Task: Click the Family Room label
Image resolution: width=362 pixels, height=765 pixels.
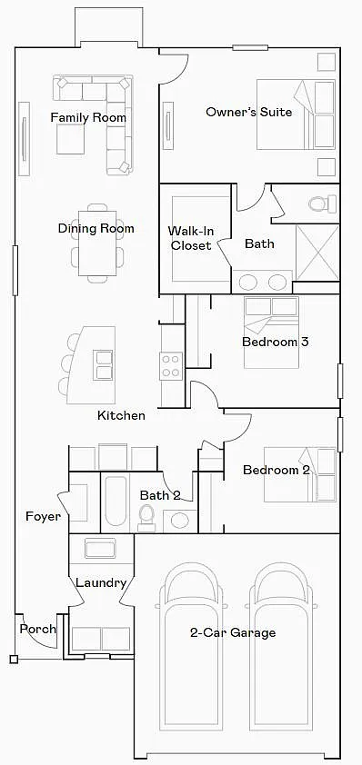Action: click(x=88, y=117)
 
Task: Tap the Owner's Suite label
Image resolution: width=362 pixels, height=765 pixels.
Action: click(x=248, y=112)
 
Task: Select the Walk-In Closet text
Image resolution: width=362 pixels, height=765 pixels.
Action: click(x=191, y=238)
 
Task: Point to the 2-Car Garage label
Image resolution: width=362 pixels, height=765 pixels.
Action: click(x=233, y=632)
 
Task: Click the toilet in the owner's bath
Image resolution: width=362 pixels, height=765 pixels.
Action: click(x=324, y=203)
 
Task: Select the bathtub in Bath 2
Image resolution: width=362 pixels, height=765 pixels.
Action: click(x=116, y=501)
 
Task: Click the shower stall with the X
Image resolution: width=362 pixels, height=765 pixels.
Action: click(x=317, y=253)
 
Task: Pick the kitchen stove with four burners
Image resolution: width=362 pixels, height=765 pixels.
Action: click(x=171, y=366)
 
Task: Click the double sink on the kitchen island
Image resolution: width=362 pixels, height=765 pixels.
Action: click(x=104, y=365)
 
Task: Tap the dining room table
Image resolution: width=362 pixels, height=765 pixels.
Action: click(x=97, y=243)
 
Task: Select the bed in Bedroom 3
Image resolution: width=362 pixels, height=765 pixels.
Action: click(x=271, y=333)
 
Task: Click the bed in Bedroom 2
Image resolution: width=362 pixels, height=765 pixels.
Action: click(x=300, y=474)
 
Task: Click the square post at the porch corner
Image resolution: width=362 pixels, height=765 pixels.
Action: click(x=14, y=659)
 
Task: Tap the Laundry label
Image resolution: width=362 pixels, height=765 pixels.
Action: click(x=101, y=582)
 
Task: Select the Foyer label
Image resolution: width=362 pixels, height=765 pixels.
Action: click(x=43, y=516)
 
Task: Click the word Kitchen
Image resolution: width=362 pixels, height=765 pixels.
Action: click(x=121, y=416)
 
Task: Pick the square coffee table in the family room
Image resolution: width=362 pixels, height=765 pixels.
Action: click(x=70, y=139)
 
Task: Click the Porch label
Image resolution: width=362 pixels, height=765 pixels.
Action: click(x=37, y=629)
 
